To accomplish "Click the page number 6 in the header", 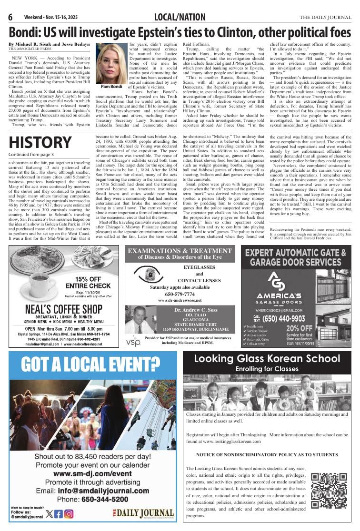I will pyautogui.click(x=10, y=18).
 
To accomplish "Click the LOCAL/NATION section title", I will pyautogui.click(x=180, y=18).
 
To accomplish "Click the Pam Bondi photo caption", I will pyautogui.click(x=111, y=87).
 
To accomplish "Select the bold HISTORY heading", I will pyautogui.click(x=40, y=142).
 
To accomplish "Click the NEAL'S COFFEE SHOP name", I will pyautogui.click(x=64, y=309).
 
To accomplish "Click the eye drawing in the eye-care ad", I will pyautogui.click(x=149, y=274).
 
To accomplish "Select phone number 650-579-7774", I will pyautogui.click(x=180, y=294).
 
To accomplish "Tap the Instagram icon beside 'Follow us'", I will pyautogui.click(x=69, y=513).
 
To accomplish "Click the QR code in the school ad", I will pyautogui.click(x=329, y=491).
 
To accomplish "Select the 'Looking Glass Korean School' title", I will pyautogui.click(x=267, y=359).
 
